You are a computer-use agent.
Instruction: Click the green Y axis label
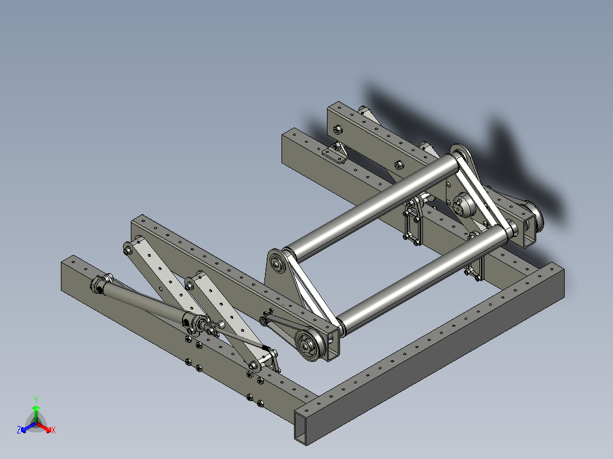(x=35, y=399)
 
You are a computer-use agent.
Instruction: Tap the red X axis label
(x=53, y=431)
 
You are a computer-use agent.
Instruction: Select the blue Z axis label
(x=19, y=431)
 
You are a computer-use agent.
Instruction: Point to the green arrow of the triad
(x=36, y=412)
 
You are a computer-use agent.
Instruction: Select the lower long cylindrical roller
(x=421, y=278)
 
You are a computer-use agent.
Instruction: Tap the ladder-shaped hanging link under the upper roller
(x=412, y=223)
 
